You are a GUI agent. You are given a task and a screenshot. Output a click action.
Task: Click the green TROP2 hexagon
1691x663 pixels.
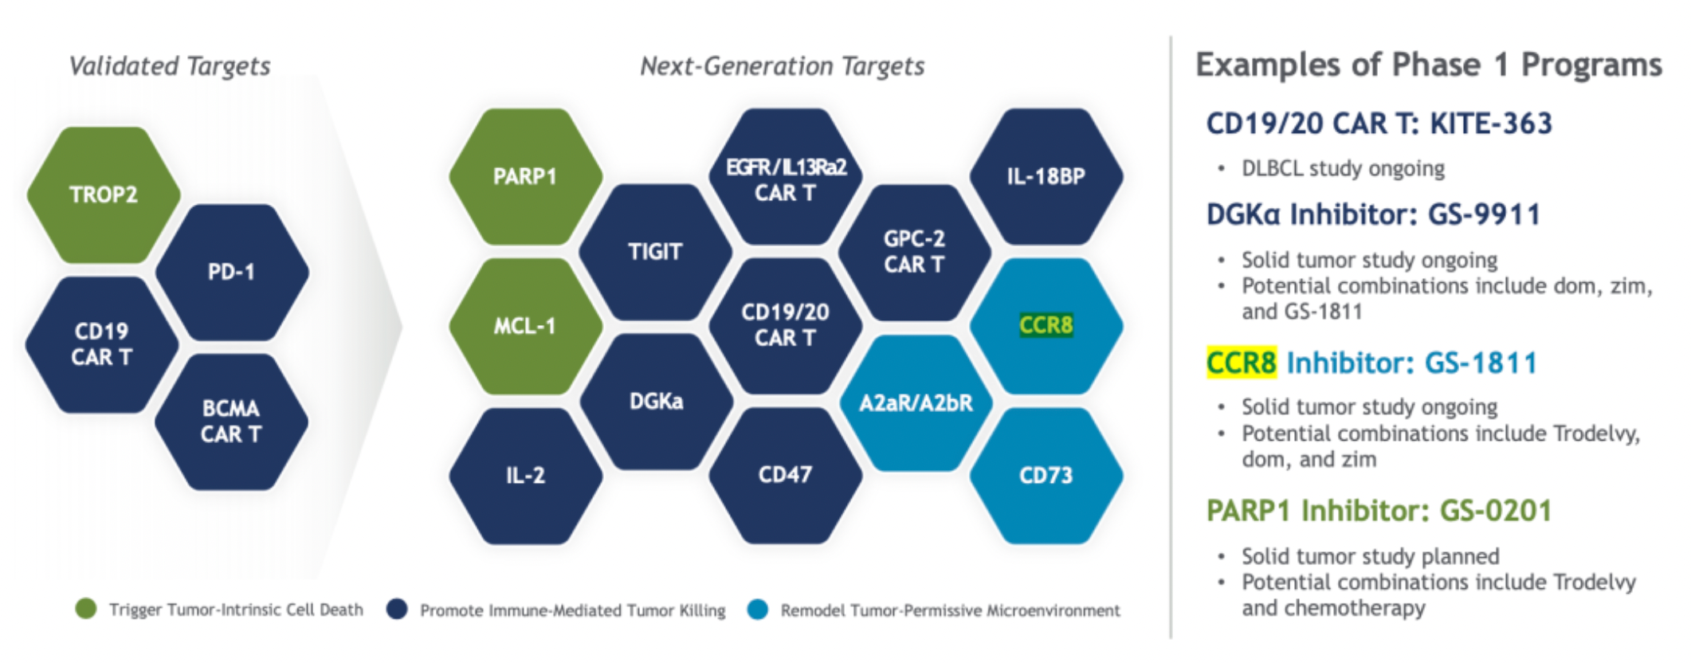pyautogui.click(x=104, y=194)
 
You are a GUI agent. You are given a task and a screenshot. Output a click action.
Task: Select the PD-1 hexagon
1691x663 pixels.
pyautogui.click(x=232, y=272)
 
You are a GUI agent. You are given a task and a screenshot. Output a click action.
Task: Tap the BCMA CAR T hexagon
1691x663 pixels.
pyautogui.click(x=232, y=422)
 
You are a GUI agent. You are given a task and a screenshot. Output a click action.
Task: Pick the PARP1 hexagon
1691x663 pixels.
pyautogui.click(x=525, y=176)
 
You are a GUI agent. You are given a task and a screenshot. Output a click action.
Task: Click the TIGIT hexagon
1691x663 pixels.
pyautogui.click(x=655, y=252)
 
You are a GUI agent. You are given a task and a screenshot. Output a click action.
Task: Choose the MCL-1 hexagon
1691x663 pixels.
pyautogui.click(x=525, y=326)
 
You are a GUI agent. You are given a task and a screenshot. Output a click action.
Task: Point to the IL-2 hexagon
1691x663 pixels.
pyautogui.click(x=525, y=476)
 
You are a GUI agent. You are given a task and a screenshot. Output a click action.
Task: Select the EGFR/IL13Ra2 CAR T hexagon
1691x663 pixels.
pyautogui.click(x=786, y=176)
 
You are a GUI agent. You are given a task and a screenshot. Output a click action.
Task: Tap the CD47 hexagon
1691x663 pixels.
pyautogui.click(x=786, y=476)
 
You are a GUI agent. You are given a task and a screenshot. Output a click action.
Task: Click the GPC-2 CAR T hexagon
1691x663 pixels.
pyautogui.click(x=915, y=252)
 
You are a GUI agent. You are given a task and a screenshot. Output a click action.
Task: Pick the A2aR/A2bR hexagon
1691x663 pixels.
pyautogui.click(x=916, y=402)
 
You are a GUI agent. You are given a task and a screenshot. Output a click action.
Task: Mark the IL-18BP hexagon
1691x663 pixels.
pyautogui.click(x=1046, y=176)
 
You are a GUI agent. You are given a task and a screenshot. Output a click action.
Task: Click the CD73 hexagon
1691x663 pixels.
pyautogui.click(x=1046, y=476)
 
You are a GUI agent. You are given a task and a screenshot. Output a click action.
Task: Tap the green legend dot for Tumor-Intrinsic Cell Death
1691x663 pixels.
pyautogui.click(x=85, y=609)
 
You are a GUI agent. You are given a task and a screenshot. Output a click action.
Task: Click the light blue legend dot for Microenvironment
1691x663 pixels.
pyautogui.click(x=758, y=610)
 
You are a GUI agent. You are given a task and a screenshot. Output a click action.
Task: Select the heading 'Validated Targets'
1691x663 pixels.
pyautogui.click(x=170, y=66)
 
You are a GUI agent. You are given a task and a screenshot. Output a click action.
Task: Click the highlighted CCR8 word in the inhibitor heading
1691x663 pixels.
pyautogui.click(x=1242, y=363)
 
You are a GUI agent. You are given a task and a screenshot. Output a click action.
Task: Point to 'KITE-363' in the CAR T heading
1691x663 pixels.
pyautogui.click(x=1491, y=124)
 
